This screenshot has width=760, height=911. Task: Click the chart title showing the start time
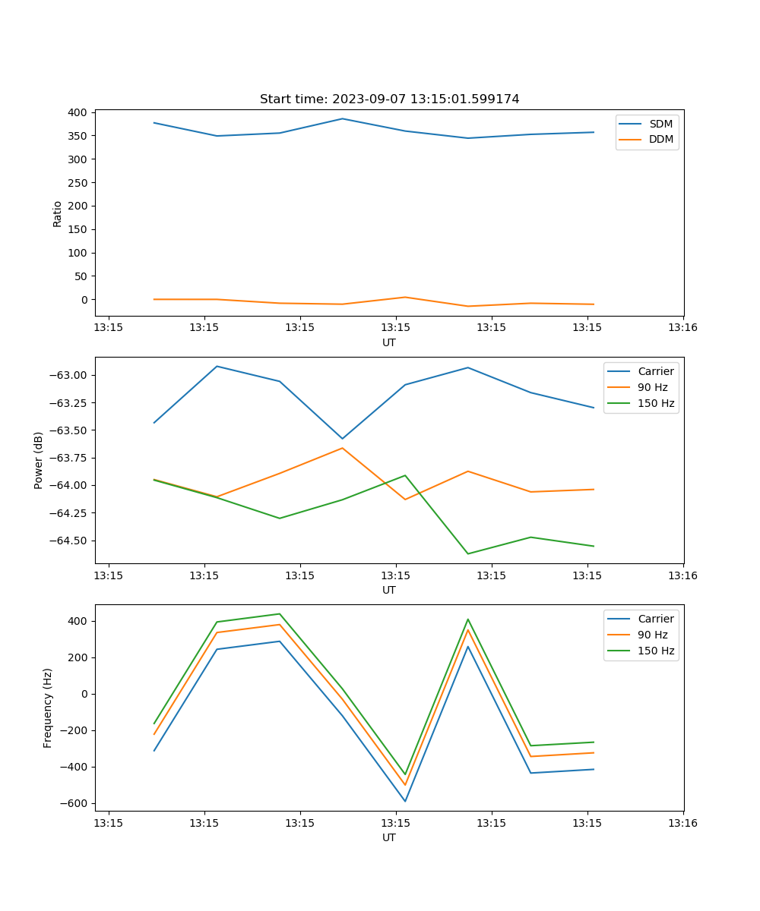pyautogui.click(x=389, y=99)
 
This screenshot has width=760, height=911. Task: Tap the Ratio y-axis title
pyautogui.click(x=58, y=213)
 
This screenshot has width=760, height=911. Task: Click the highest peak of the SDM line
pyautogui.click(x=342, y=118)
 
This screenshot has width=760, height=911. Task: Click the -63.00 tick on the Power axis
pyautogui.click(x=71, y=375)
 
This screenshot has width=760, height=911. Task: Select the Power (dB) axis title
pyautogui.click(x=39, y=460)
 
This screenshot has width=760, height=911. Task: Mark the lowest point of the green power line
pyautogui.click(x=467, y=553)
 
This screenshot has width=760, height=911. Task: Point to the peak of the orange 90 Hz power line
pyautogui.click(x=342, y=448)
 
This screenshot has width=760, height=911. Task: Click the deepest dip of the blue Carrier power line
pyautogui.click(x=342, y=438)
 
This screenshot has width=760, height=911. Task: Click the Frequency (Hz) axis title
pyautogui.click(x=48, y=708)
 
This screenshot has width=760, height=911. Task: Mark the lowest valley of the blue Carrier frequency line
pyautogui.click(x=405, y=801)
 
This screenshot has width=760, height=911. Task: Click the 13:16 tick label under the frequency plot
pyautogui.click(x=682, y=823)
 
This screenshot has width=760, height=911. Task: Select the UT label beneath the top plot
pyautogui.click(x=389, y=342)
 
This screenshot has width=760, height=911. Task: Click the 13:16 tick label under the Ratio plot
pyautogui.click(x=682, y=328)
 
